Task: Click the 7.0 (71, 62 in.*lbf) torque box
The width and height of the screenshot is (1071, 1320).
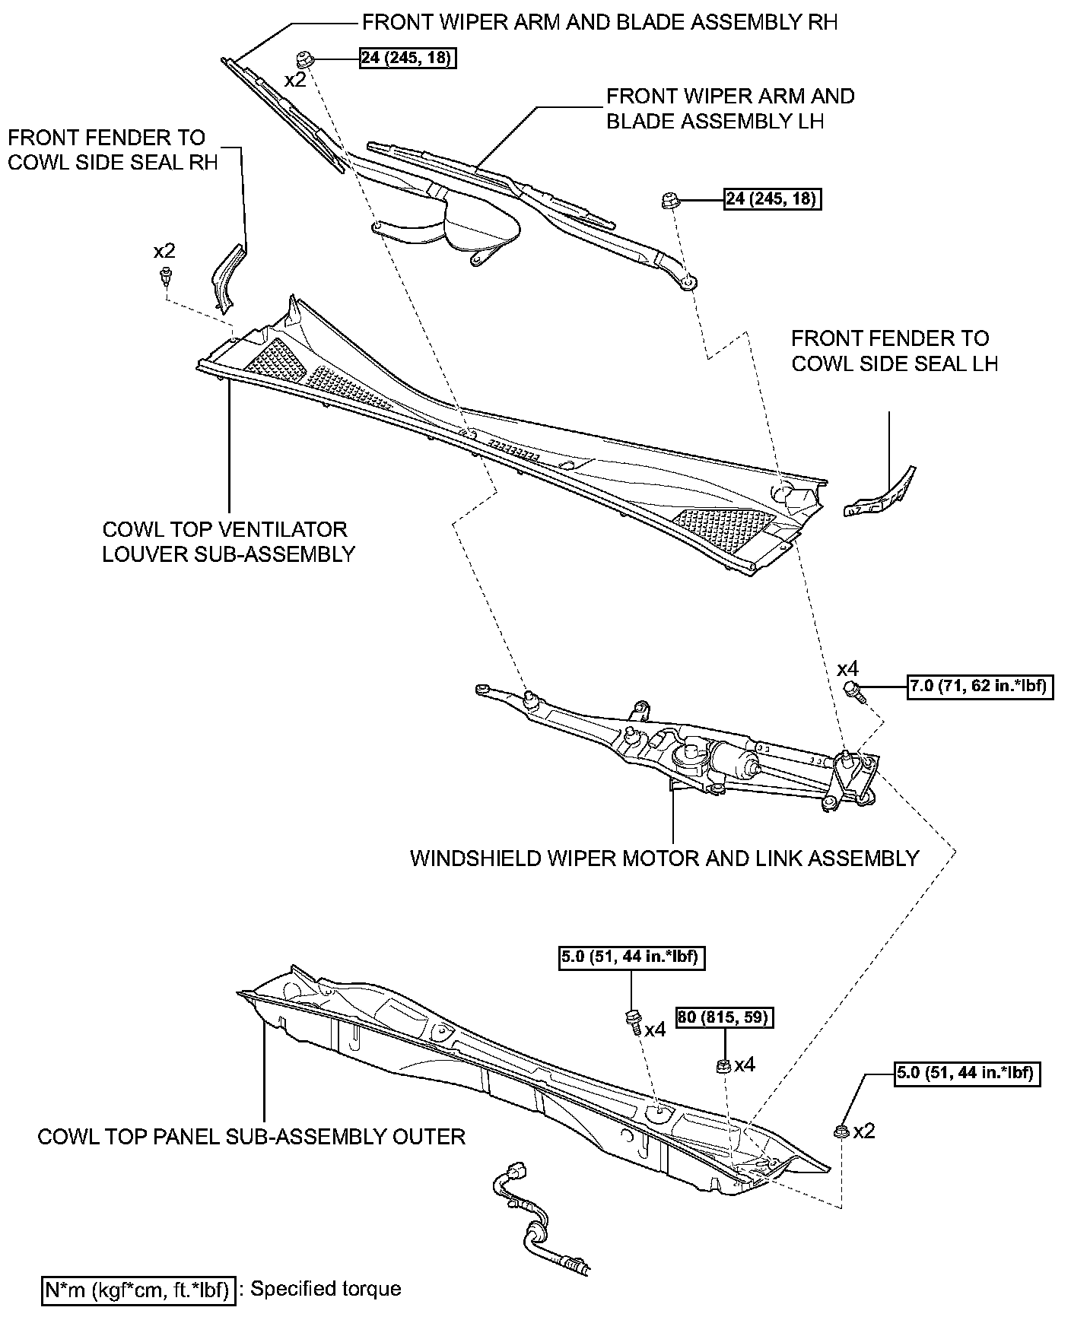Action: [x=980, y=687]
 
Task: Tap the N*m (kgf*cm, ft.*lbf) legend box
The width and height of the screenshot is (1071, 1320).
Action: [x=138, y=1288]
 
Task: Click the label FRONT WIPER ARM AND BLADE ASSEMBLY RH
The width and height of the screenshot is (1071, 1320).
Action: [x=599, y=22]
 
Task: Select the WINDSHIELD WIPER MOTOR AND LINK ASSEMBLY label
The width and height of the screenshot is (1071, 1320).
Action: [x=665, y=858]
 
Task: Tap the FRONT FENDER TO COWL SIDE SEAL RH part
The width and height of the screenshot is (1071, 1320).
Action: [x=226, y=275]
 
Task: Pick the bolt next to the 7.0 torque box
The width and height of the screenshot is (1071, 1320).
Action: [x=855, y=690]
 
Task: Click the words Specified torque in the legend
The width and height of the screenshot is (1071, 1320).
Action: [x=326, y=1288]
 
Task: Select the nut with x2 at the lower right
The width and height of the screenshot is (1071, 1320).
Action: [x=842, y=1131]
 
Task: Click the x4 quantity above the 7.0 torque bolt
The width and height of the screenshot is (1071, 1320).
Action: [x=847, y=668]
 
